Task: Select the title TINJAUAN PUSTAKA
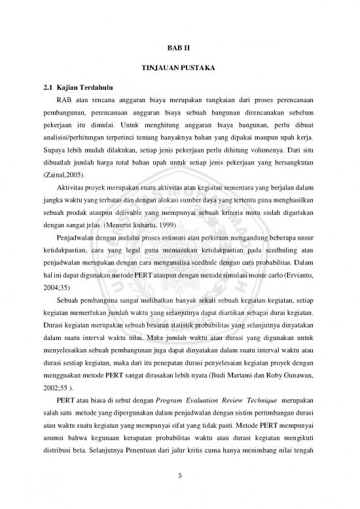pos(179,68)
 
